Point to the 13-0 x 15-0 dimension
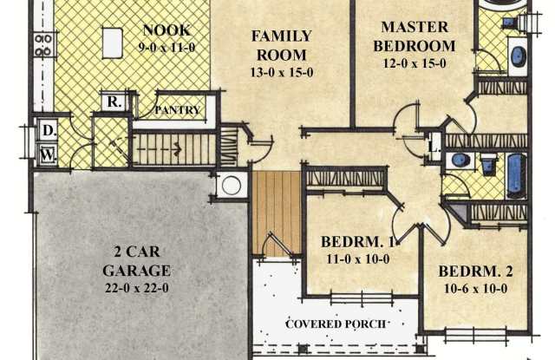pyautogui.click(x=282, y=72)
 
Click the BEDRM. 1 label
pyautogui.click(x=358, y=241)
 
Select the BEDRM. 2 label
pyautogui.click(x=475, y=270)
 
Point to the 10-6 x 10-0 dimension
pyautogui.click(x=474, y=287)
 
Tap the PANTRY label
pyautogui.click(x=178, y=110)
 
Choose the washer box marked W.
pyautogui.click(x=47, y=155)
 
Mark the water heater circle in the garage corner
pyautogui.click(x=232, y=185)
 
